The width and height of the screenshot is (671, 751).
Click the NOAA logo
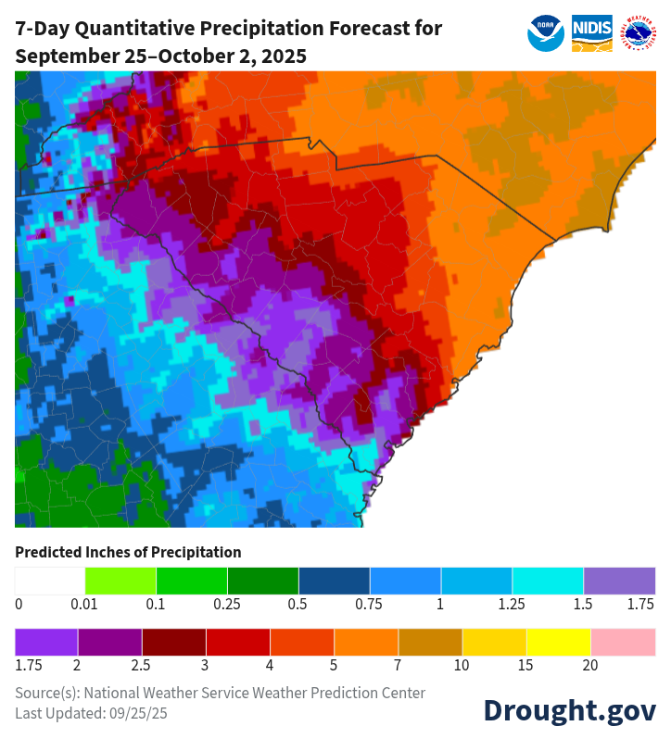[x=546, y=33]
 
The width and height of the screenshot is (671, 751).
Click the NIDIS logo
[x=591, y=33]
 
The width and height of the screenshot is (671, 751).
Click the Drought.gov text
[x=569, y=709]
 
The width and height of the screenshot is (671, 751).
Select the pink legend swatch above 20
[x=623, y=642]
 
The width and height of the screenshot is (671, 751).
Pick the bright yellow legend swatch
[x=559, y=642]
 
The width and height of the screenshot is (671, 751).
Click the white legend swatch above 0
[x=50, y=581]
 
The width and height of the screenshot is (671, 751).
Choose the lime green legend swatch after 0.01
[x=120, y=581]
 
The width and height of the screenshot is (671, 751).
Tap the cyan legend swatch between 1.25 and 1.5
[x=548, y=581]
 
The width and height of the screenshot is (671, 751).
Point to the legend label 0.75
[x=369, y=604]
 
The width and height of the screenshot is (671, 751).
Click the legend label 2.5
[x=142, y=665]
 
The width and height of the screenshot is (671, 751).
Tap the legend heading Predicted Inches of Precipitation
[x=128, y=552]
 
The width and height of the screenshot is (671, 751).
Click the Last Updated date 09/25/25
[x=139, y=713]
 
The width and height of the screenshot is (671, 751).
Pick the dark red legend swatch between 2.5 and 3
[x=173, y=642]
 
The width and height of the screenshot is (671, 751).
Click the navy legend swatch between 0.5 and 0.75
[x=334, y=581]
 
